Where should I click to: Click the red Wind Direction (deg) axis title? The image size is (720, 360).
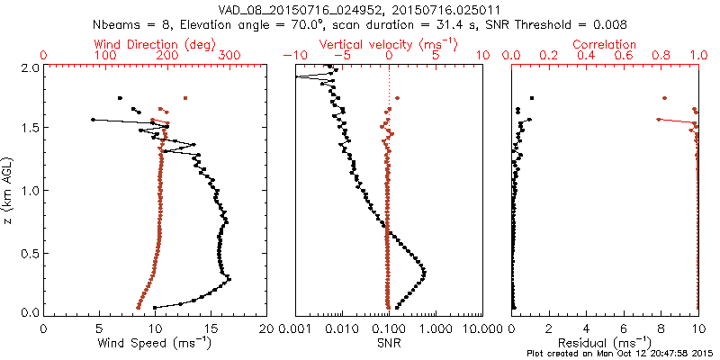[x=155, y=44]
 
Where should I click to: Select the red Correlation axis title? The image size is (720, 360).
[x=605, y=44]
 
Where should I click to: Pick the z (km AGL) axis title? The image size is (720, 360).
[x=9, y=190]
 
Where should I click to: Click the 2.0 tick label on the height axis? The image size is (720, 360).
[x=30, y=67]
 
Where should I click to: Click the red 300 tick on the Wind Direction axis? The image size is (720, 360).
[x=229, y=56]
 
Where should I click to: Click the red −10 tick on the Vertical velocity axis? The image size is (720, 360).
[x=290, y=56]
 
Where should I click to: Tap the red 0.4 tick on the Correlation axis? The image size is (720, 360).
[x=587, y=56]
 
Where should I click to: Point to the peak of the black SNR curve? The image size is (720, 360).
[x=424, y=272]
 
